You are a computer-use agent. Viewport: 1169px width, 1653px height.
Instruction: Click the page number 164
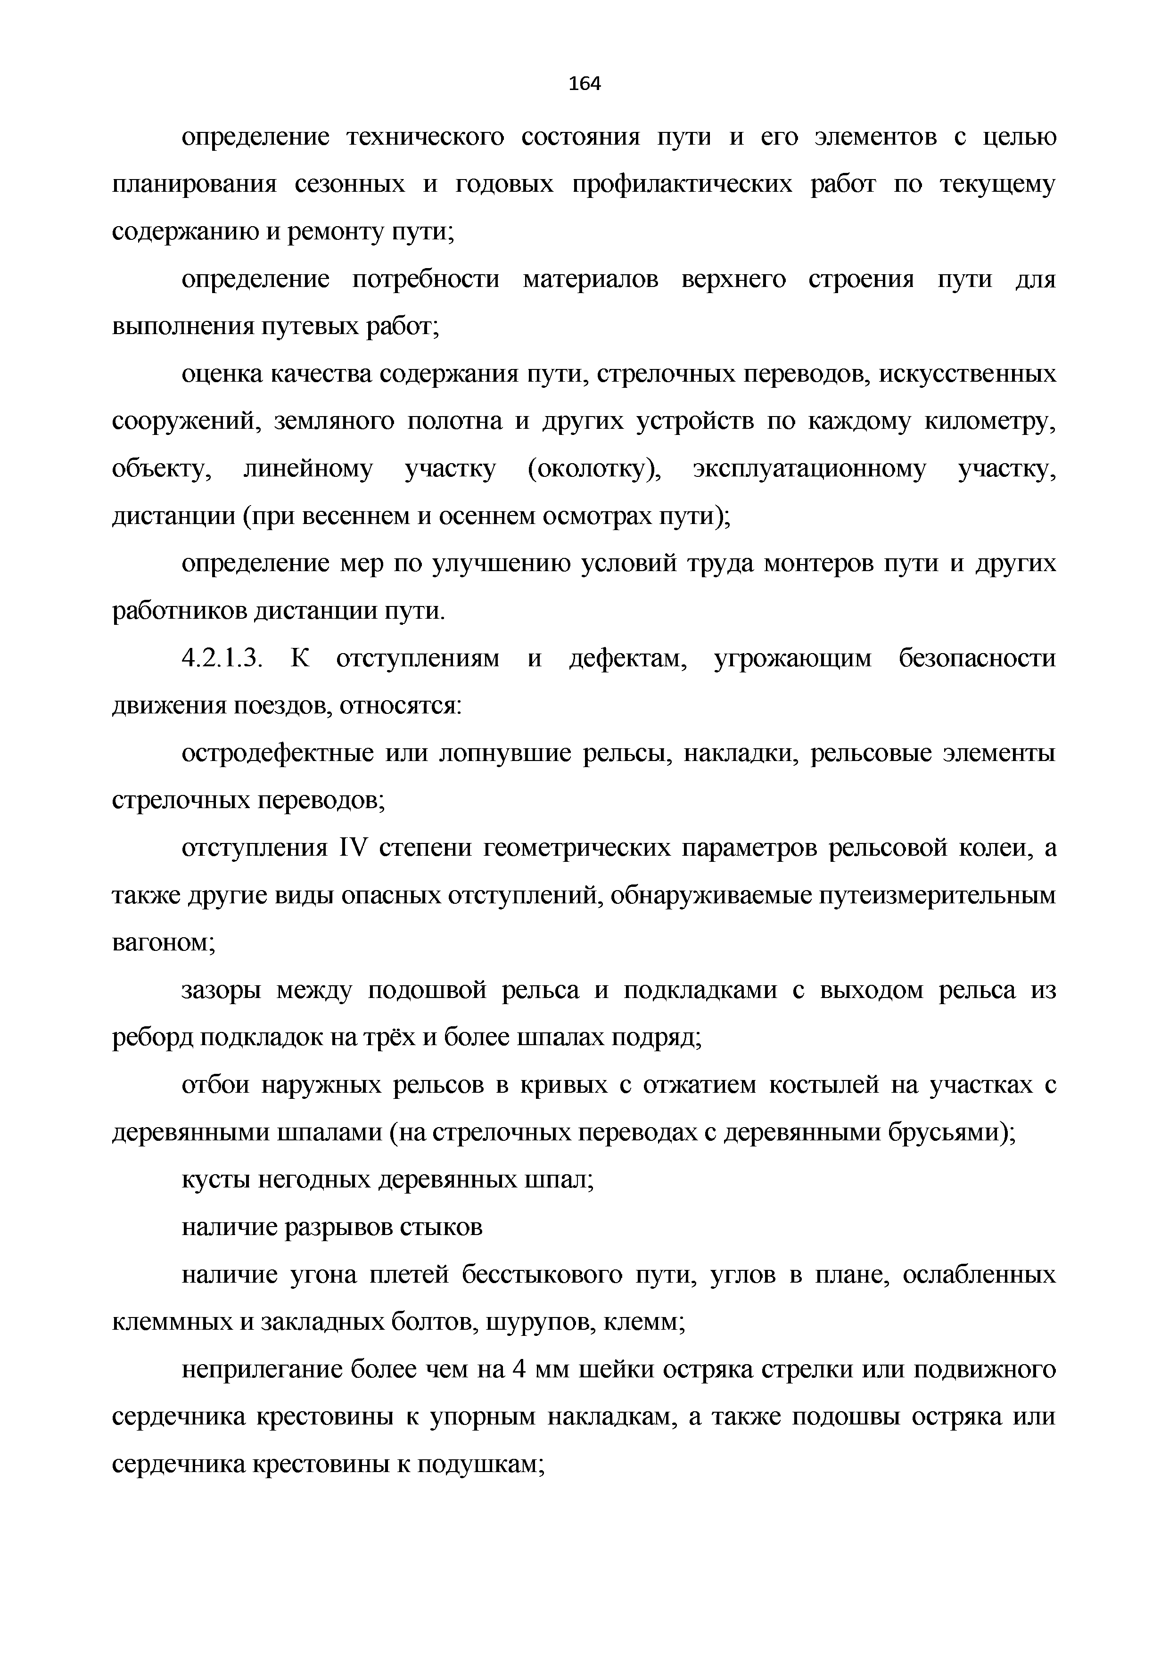click(x=584, y=84)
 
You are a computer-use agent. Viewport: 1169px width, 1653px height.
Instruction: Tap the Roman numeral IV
click(x=353, y=848)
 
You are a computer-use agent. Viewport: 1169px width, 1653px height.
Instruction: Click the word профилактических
click(x=682, y=185)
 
